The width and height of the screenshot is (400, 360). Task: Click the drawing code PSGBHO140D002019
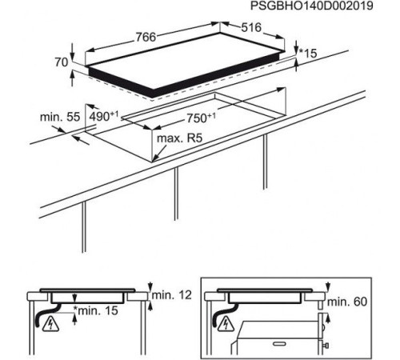(x=311, y=6)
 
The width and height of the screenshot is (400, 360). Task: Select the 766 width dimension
(x=146, y=37)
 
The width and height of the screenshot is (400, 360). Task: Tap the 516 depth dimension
(x=251, y=27)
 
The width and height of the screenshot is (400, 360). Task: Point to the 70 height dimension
(x=62, y=62)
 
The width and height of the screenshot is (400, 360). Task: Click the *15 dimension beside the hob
(x=308, y=54)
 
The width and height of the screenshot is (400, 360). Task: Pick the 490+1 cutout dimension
(x=103, y=117)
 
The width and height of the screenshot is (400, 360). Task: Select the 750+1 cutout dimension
(x=201, y=118)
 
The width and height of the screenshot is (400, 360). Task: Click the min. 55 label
(x=60, y=117)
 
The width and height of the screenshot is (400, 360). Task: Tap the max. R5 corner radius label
(x=179, y=138)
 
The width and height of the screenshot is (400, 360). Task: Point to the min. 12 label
(x=171, y=295)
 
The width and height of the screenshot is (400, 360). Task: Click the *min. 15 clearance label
(x=96, y=310)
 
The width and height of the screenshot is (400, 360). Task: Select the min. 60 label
(x=347, y=302)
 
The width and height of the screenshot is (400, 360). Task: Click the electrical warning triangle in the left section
(x=51, y=323)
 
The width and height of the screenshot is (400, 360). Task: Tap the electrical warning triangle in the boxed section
(x=226, y=323)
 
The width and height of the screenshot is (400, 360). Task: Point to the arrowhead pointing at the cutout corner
(x=154, y=159)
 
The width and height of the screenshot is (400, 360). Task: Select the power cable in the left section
(x=46, y=314)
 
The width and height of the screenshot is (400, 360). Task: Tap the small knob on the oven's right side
(x=326, y=346)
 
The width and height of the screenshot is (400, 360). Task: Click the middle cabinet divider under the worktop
(x=176, y=194)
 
